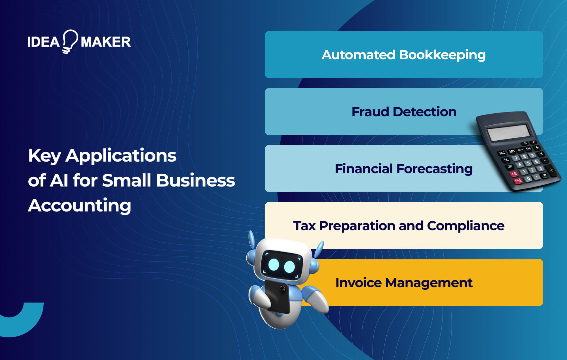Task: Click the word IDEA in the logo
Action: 43,42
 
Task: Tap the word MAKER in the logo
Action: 106,42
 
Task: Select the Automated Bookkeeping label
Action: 404,55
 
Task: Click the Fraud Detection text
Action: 404,112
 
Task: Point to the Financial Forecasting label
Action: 404,169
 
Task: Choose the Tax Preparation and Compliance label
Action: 399,226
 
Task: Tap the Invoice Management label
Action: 404,283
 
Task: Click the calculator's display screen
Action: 509,132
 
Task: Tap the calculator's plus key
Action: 551,170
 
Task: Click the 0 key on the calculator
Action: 528,179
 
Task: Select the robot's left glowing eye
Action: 274,264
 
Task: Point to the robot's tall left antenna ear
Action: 251,240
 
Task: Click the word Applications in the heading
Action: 121,156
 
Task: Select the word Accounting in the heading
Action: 80,205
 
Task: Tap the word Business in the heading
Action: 196,180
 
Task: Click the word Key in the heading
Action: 45,156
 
